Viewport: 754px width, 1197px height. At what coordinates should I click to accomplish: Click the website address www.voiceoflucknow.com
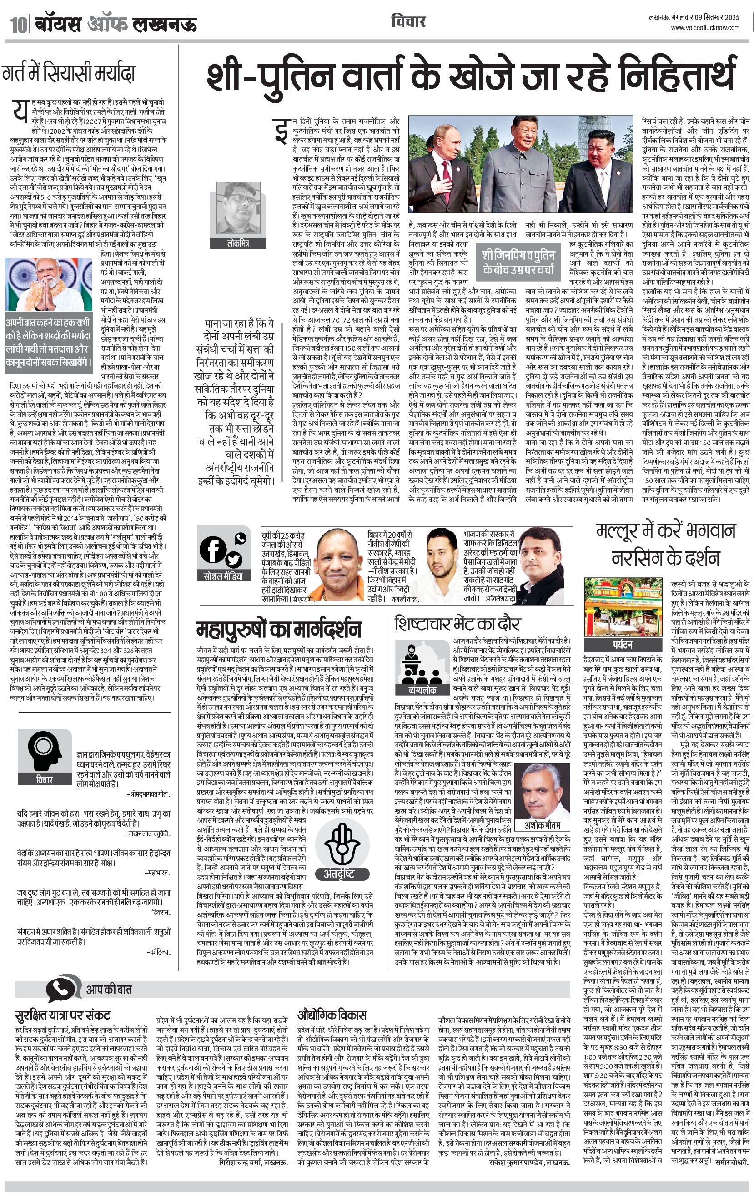705,28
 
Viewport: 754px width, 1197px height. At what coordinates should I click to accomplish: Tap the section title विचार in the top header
408,22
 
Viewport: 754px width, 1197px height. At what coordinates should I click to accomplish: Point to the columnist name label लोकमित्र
237,244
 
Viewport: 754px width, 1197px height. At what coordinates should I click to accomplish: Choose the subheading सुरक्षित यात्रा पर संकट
63,1014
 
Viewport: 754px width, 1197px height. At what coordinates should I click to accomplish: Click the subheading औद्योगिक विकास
332,1014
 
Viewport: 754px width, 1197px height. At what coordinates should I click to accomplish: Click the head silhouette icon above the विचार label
44,750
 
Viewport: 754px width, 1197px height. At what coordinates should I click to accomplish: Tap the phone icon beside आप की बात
64,989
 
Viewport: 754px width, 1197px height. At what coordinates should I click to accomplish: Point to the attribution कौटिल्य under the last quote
160,952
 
